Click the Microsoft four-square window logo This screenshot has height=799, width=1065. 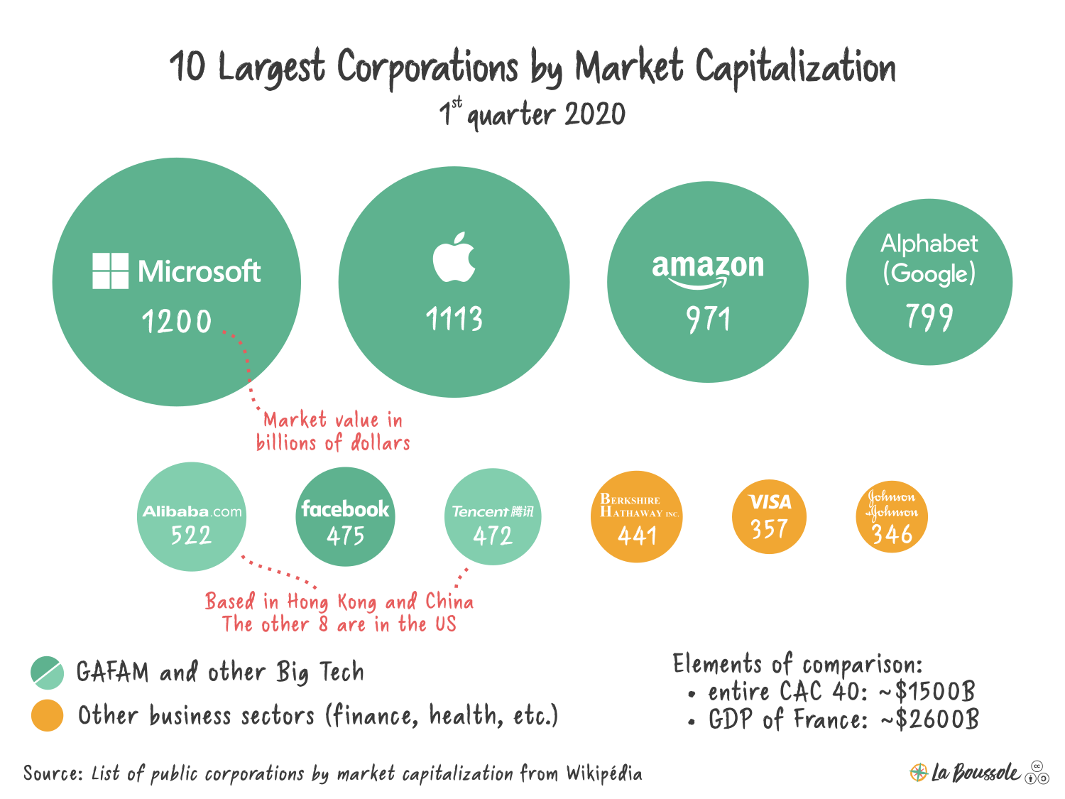point(110,271)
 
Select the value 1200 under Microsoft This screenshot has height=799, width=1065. point(177,322)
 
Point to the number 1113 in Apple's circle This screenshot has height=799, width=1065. point(454,319)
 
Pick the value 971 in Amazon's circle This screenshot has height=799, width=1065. point(708,320)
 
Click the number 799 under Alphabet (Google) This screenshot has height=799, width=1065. point(929,317)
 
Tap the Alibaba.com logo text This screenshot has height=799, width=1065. point(192,511)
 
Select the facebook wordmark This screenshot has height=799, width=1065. point(345,509)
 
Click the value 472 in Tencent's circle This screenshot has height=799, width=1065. point(493,536)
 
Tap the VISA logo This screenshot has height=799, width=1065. point(770,502)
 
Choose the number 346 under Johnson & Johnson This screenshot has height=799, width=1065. point(892,534)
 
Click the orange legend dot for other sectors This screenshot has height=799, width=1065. point(47,715)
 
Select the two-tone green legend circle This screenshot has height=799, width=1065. point(48,673)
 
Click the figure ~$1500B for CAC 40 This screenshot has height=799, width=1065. point(934,691)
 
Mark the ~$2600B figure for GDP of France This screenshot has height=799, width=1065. point(936,719)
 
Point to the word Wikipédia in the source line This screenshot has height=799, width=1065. point(603,773)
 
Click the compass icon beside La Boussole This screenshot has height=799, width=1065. point(918,772)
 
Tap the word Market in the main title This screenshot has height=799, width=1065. point(628,67)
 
